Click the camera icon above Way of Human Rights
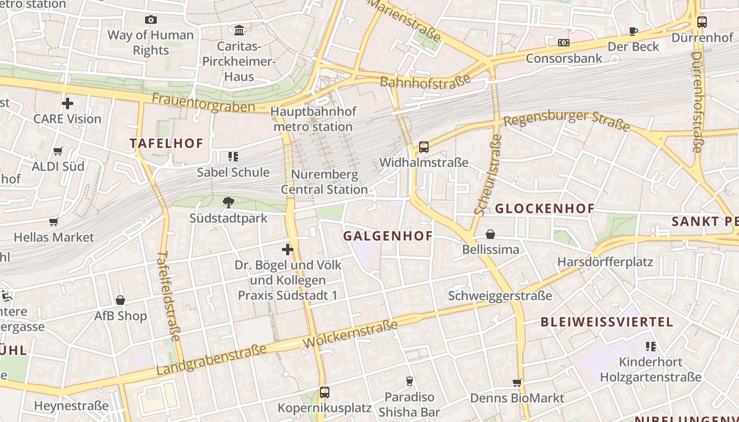(x=151, y=20)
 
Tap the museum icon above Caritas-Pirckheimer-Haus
(x=239, y=30)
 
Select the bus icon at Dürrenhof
(x=702, y=22)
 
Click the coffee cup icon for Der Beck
(x=633, y=31)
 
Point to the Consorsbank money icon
(x=564, y=42)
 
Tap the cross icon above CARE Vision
(x=68, y=103)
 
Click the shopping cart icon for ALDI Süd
(x=58, y=151)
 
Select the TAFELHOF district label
(x=166, y=143)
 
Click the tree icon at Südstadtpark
(x=229, y=202)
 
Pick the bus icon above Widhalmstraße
(x=423, y=147)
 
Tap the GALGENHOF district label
(x=387, y=236)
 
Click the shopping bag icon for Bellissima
(x=490, y=234)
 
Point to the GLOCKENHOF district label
(x=544, y=208)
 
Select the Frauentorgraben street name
(x=203, y=102)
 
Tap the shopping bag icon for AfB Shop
(x=120, y=300)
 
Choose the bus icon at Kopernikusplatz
(x=324, y=392)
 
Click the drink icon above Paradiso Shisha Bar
(x=409, y=381)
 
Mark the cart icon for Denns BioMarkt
(x=517, y=382)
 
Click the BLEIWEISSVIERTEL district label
(x=607, y=322)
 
